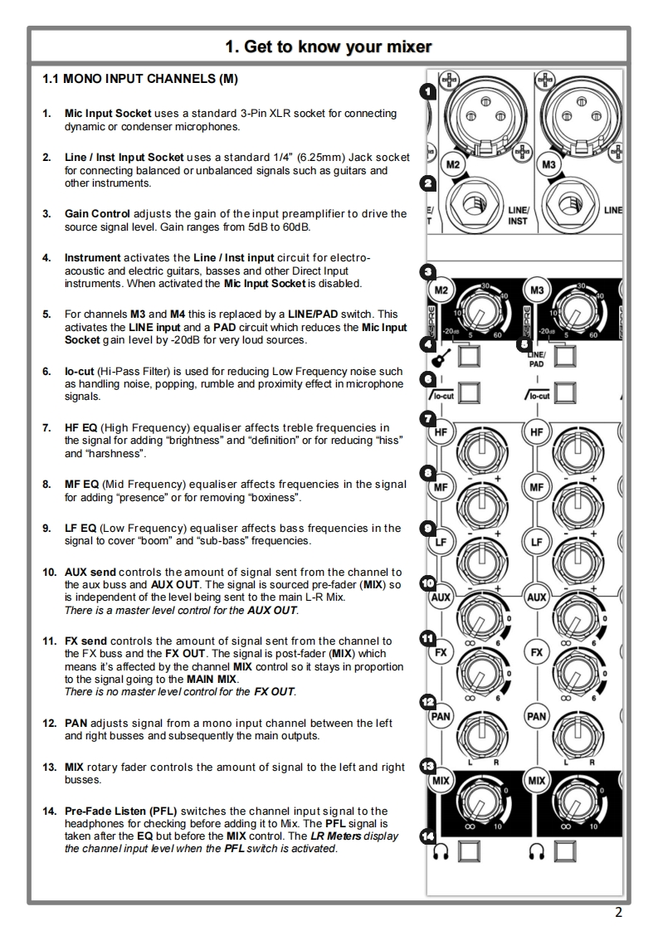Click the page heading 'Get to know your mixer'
pos(329,46)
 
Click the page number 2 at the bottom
pos(618,914)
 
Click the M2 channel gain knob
pos(477,311)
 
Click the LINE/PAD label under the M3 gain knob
pos(536,358)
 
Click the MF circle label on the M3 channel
pos(537,487)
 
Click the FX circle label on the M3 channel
pos(537,652)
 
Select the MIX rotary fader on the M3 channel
pos(573,799)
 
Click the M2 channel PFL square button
pos(470,851)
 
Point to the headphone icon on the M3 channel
pos(536,852)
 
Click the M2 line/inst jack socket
pos(471,204)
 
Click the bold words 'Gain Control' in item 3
pos(97,213)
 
